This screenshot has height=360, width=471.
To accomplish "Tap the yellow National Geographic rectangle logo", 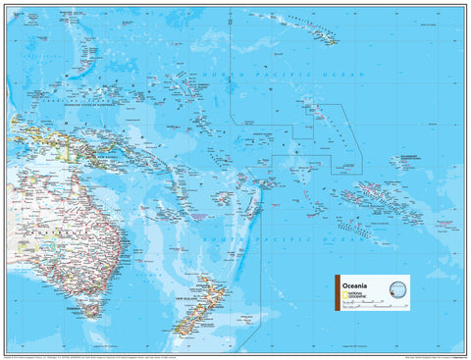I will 343,294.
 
